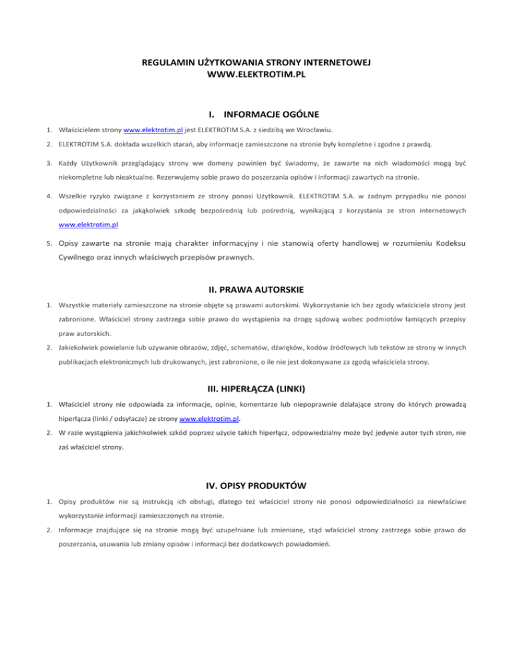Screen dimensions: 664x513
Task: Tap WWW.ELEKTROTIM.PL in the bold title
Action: point(256,75)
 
